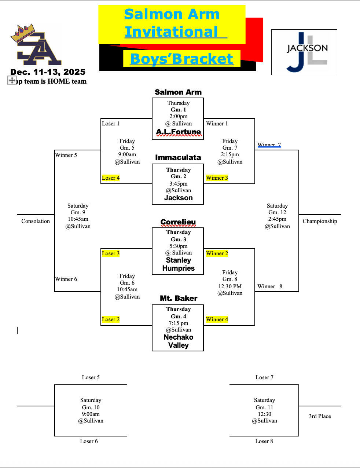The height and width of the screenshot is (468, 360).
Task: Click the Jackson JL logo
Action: [x=304, y=52]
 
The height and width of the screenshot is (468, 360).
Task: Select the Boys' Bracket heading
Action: [x=181, y=59]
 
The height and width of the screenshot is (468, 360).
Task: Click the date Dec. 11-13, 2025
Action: [x=48, y=72]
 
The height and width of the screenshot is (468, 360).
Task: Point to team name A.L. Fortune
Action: [x=179, y=132]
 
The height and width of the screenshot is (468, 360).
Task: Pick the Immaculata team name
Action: [x=178, y=157]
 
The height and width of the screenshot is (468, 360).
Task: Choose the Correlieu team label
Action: [x=178, y=222]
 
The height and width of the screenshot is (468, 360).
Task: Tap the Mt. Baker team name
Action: [x=179, y=298]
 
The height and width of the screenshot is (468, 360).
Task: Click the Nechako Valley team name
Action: [x=179, y=341]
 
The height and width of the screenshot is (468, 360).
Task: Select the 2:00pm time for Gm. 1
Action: [x=178, y=116]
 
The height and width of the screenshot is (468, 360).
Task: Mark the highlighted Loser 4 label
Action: [x=111, y=178]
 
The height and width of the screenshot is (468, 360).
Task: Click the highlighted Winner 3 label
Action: [x=217, y=178]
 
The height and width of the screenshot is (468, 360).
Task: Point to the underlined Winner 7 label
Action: [x=269, y=145]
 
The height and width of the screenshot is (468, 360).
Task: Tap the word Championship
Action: [x=320, y=221]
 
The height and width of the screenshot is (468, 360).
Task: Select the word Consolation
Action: [x=36, y=221]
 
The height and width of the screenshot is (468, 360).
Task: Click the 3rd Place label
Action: [x=320, y=416]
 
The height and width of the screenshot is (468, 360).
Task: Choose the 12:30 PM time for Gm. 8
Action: [x=230, y=286]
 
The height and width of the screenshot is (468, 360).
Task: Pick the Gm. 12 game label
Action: [x=277, y=212]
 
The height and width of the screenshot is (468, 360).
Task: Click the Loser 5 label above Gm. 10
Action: [x=91, y=377]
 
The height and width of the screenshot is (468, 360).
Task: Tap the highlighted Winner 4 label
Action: [x=217, y=319]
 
